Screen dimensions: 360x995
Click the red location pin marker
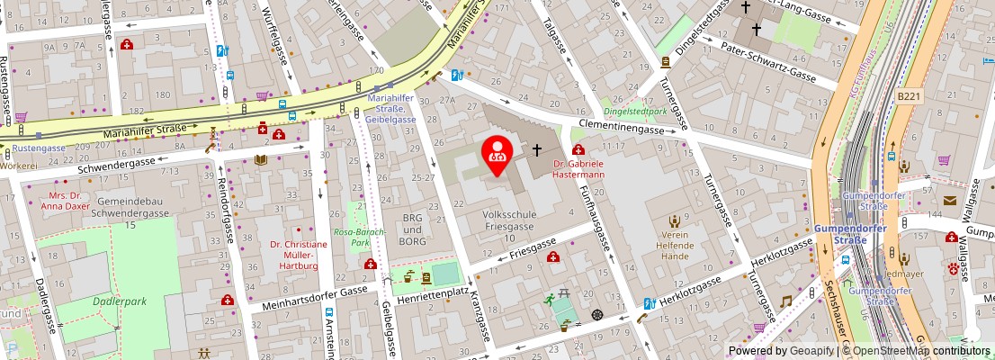tap(497, 155)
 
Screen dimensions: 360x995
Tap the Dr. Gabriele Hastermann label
tap(578, 169)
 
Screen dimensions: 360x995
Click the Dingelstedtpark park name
tap(634, 112)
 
